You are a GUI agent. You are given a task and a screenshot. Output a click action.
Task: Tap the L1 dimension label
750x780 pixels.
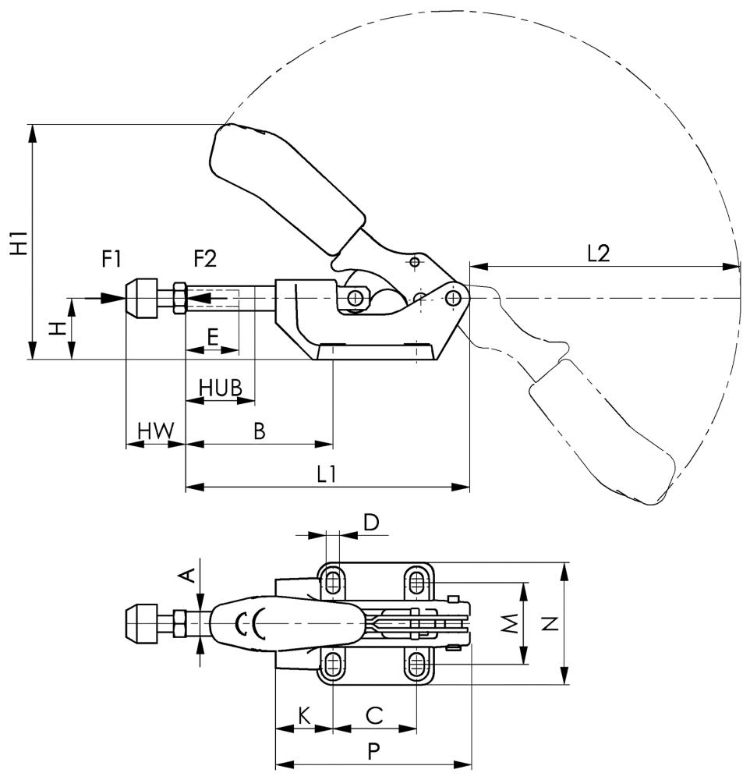click(327, 473)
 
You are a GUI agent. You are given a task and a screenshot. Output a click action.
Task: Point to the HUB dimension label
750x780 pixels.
click(221, 387)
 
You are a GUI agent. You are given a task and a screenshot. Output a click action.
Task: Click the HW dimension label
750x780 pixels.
click(155, 430)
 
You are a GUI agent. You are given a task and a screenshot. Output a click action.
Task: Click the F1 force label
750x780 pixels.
click(113, 258)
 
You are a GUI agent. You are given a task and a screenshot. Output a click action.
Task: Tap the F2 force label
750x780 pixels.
click(206, 258)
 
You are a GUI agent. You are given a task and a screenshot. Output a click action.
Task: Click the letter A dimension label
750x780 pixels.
click(187, 575)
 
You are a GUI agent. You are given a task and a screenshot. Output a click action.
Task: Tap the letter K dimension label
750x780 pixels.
click(305, 714)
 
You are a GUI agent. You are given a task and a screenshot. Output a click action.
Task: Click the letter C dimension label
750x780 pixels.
click(374, 714)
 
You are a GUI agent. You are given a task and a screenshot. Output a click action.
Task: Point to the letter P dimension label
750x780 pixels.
click(373, 751)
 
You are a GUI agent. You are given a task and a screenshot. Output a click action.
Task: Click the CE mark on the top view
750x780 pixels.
click(249, 624)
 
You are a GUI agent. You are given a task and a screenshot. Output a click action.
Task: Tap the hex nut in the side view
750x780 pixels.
click(179, 298)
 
